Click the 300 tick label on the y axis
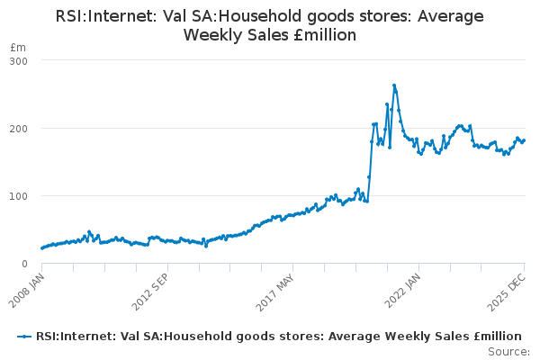tap(19, 61)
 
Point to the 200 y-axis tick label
tap(19, 129)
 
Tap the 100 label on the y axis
tap(19, 196)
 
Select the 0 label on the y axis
tap(24, 264)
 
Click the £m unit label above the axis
tap(18, 47)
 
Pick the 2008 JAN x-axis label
tap(26, 291)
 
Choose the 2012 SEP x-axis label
tap(150, 292)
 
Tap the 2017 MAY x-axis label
tap(275, 292)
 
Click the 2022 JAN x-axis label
tap(402, 291)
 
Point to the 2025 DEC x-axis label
tap(507, 292)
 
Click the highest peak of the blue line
tap(394, 85)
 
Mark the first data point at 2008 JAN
tap(42, 248)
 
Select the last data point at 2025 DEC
tap(524, 140)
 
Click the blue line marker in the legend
tap(24, 337)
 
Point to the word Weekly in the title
tap(208, 35)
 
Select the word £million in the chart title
tap(325, 35)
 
